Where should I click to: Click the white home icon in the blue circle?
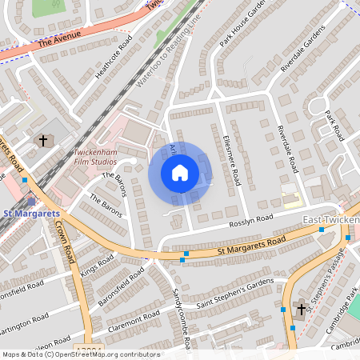point(180,173)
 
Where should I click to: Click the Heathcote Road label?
point(113,62)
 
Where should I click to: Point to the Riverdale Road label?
point(286,150)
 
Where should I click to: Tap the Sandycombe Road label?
point(180,319)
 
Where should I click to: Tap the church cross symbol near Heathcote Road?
point(43,140)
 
